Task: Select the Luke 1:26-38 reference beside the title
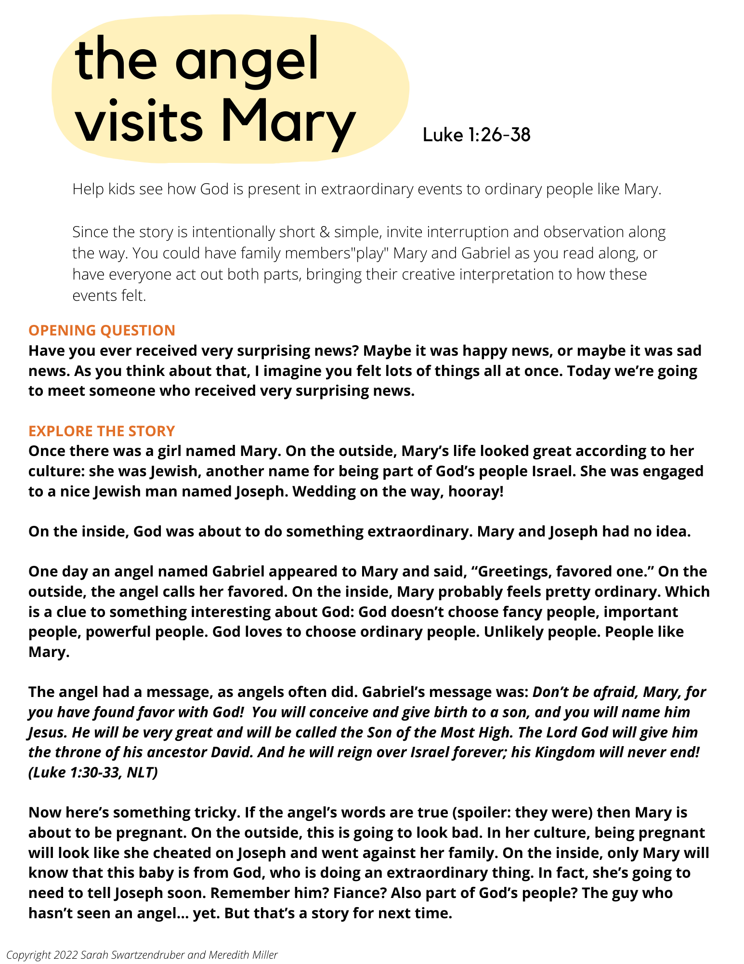(x=476, y=135)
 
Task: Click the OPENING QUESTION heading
(x=102, y=330)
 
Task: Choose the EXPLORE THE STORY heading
(x=102, y=431)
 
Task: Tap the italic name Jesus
(x=47, y=732)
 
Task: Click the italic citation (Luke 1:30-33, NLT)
(x=93, y=772)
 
